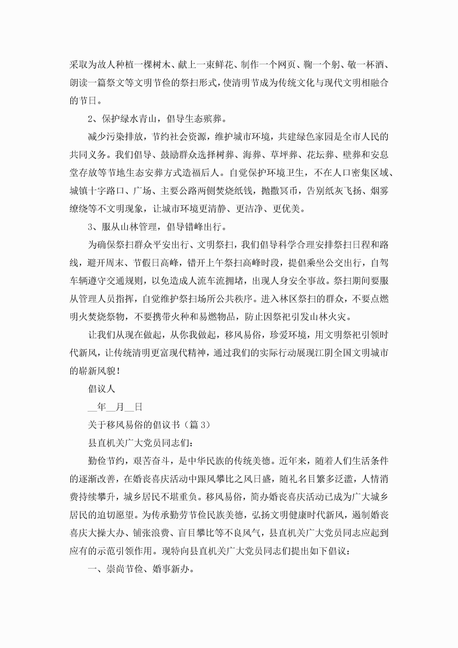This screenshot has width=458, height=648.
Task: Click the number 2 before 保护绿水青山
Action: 90,119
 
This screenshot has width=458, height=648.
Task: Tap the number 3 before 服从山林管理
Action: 90,227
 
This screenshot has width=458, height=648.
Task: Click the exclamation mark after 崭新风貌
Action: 118,371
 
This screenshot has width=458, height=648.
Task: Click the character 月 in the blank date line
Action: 120,407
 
